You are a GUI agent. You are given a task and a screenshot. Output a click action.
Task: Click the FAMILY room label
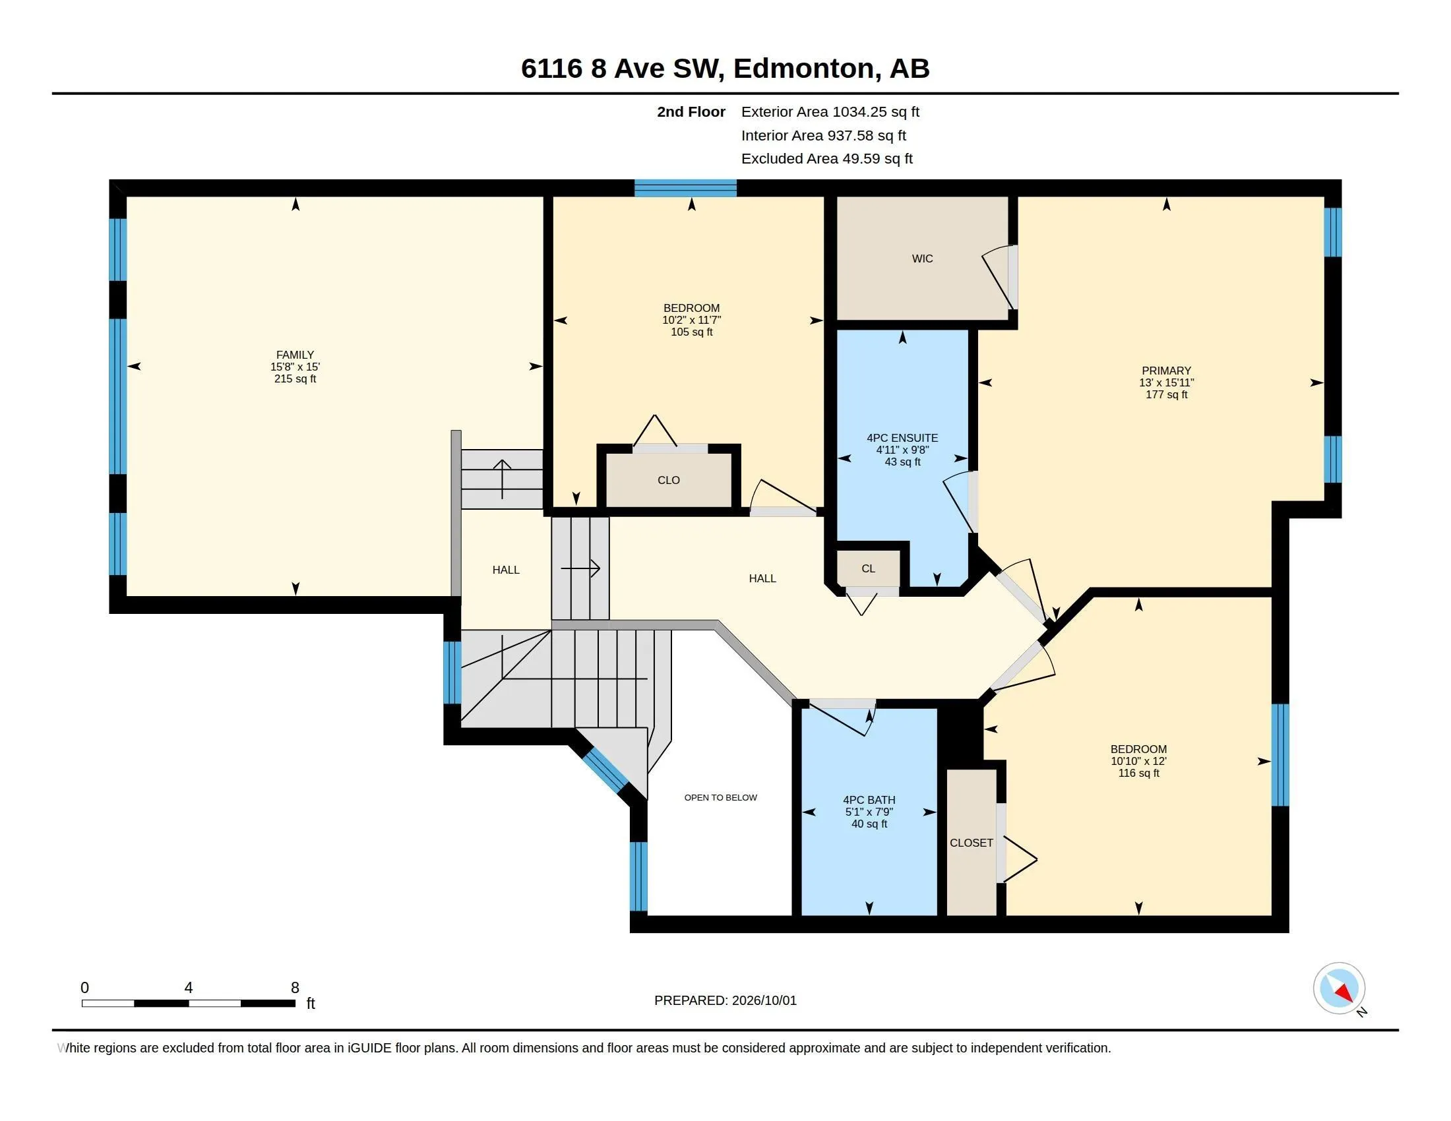click(295, 355)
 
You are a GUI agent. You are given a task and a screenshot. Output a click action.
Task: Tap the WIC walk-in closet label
click(922, 258)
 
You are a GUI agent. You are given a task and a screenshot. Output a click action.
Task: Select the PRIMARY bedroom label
click(1166, 371)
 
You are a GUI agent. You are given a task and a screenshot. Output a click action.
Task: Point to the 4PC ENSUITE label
click(902, 438)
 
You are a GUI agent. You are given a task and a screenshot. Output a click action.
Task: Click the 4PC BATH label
click(869, 800)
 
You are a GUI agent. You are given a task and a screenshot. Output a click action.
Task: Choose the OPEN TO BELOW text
click(720, 797)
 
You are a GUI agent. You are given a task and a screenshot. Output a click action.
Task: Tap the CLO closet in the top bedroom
click(668, 480)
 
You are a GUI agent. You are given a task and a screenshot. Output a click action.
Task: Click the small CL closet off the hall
click(869, 568)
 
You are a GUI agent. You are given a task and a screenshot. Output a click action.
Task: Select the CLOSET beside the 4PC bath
click(972, 843)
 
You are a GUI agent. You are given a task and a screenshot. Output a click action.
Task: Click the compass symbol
click(1339, 988)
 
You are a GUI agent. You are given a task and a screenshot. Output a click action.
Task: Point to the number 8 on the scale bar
click(295, 988)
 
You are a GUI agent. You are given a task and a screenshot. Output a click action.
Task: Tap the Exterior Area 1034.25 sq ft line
click(830, 111)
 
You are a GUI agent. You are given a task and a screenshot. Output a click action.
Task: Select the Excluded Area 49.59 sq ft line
click(826, 158)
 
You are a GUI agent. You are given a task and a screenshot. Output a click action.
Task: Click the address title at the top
click(725, 68)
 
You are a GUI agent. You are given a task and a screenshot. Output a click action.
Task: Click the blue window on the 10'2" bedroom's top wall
click(685, 188)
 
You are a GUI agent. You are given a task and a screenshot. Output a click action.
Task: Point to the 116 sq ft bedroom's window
click(1280, 755)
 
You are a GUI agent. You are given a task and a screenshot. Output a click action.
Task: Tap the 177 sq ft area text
click(1166, 394)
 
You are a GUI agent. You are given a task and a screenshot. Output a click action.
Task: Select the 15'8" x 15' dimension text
click(295, 367)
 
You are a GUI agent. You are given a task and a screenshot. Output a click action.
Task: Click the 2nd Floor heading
click(691, 111)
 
